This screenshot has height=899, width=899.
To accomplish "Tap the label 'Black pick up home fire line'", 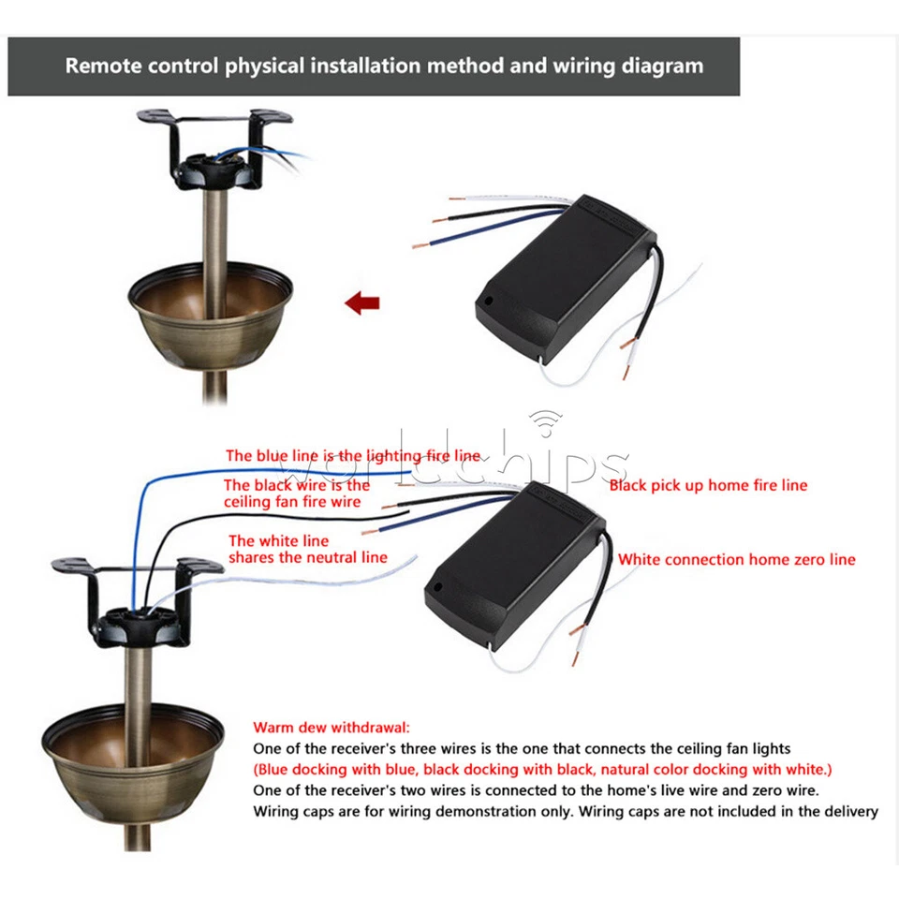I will point(708,485).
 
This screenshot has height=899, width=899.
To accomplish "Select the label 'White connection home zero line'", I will point(736,560).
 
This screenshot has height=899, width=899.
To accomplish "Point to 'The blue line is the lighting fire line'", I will point(352,456).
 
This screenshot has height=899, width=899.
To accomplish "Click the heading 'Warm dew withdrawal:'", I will point(332,727).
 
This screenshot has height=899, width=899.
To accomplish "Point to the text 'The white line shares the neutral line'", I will point(307,549).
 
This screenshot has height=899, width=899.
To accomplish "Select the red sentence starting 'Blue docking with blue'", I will point(542,770).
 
